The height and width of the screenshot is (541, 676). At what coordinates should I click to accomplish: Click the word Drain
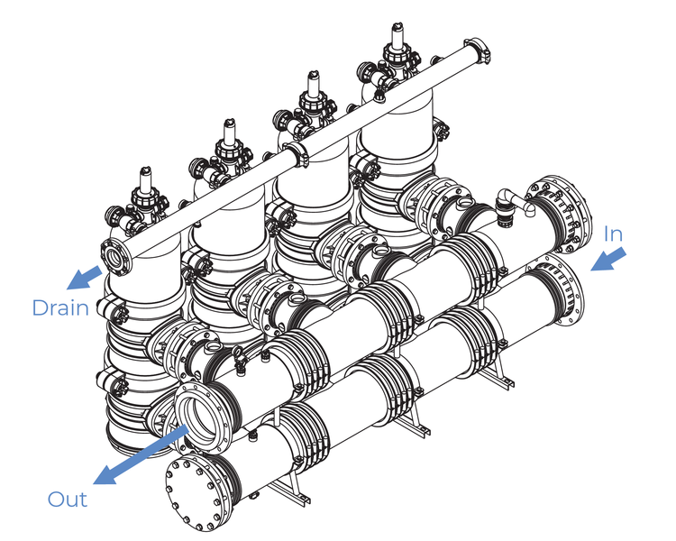click(x=60, y=307)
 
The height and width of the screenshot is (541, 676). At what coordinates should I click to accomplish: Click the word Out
click(x=68, y=500)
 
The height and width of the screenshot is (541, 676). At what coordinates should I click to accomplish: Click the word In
click(x=613, y=234)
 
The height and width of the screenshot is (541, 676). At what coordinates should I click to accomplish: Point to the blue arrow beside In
click(x=608, y=259)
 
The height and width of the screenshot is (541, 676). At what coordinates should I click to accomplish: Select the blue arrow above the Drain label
click(x=85, y=278)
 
